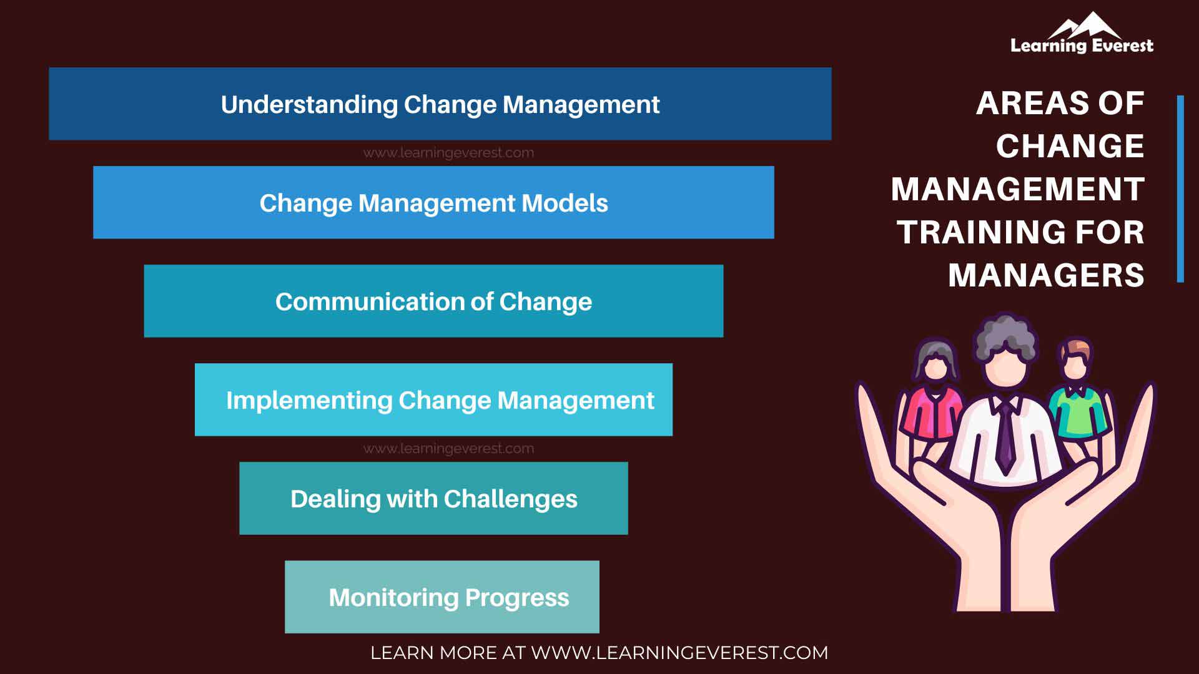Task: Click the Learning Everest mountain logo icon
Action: tap(1084, 26)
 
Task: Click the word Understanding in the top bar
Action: tap(309, 104)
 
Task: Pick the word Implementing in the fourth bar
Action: tap(308, 400)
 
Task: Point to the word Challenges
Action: tap(510, 499)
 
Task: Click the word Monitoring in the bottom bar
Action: tap(393, 597)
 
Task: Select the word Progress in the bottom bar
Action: tap(517, 598)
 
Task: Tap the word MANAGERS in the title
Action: tap(1046, 275)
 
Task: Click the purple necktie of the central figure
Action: tap(1005, 437)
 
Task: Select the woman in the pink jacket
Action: tap(933, 399)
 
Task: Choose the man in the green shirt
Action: tap(1077, 399)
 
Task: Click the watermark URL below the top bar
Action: tap(448, 153)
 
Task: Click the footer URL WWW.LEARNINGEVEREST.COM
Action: tap(679, 653)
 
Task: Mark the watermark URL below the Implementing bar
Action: tap(448, 449)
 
